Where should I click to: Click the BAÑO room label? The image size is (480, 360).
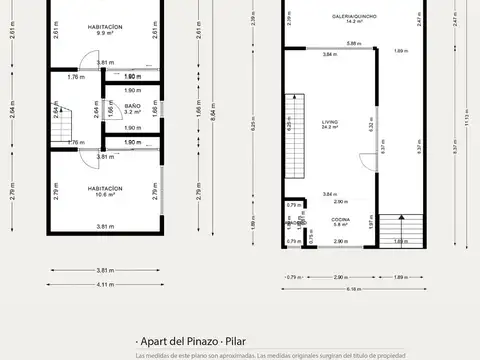[x=132, y=105]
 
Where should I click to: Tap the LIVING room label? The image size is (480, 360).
[x=329, y=122]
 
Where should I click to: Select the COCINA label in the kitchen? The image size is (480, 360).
[x=340, y=217]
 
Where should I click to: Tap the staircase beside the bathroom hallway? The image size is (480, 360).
[x=64, y=125]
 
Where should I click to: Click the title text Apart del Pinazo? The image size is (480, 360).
[x=177, y=342]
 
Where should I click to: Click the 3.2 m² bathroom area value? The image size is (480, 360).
[x=132, y=113]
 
